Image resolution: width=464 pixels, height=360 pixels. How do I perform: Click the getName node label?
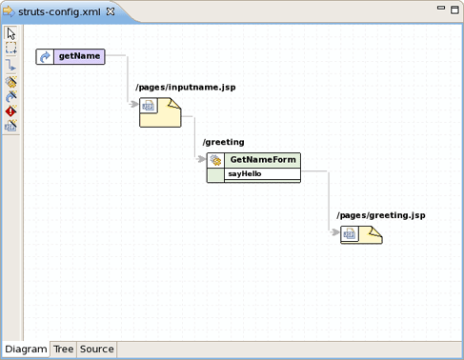point(79,57)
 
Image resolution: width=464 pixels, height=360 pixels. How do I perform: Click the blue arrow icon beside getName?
point(45,57)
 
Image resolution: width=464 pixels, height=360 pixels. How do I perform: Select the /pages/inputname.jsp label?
point(185,88)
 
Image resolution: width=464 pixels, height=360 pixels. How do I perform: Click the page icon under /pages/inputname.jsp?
point(150,106)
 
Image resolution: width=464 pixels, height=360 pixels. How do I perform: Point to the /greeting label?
point(223,142)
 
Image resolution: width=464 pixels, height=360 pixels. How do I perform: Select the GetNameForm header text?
point(262,160)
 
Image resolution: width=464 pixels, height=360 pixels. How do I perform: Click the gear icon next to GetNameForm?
point(216,161)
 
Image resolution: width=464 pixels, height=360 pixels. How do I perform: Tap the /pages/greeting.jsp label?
point(380,215)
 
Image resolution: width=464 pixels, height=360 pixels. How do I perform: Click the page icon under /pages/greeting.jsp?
point(350,233)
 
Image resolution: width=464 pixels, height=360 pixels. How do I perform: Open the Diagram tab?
point(26,350)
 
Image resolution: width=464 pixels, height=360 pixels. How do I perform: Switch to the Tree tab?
point(63,350)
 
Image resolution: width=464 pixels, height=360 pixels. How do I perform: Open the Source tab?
point(96,350)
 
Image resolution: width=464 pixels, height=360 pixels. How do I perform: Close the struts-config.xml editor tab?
point(111,10)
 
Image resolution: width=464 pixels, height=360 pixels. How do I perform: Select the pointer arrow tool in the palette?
point(10,34)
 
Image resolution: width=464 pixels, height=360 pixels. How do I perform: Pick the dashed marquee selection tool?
point(10,48)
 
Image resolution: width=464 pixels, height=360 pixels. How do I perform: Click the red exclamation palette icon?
point(10,111)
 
